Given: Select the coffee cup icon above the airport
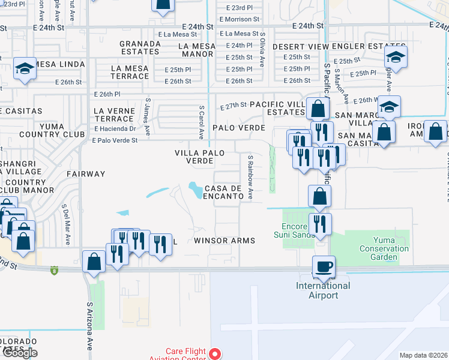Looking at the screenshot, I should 324,266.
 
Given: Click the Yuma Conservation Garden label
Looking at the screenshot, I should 384,248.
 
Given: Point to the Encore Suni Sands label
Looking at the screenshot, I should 298,230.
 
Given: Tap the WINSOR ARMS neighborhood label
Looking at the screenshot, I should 224,241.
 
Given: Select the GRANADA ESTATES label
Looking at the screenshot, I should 140,47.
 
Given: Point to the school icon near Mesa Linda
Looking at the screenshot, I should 25,68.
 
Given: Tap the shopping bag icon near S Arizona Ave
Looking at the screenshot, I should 94,262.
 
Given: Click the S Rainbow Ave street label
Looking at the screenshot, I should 250,178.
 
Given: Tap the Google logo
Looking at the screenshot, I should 19,353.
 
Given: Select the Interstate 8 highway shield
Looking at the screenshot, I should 54,269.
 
